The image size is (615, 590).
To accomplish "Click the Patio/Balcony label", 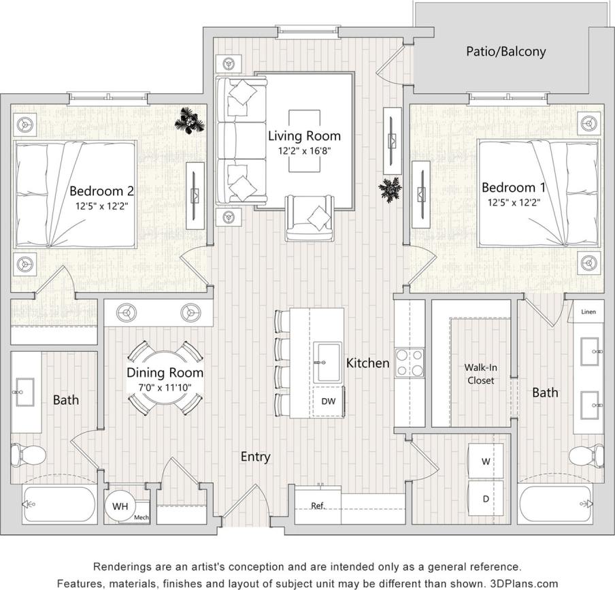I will pos(505,51).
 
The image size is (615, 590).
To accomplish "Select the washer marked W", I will pos(486,461).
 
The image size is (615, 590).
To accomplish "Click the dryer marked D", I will pos(486,499).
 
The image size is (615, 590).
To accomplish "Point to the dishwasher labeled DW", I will pos(328,401).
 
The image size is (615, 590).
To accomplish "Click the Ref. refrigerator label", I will pos(317,506).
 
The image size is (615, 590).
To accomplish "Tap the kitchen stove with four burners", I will pos(410,362).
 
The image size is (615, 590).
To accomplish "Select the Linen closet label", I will pos(588,312).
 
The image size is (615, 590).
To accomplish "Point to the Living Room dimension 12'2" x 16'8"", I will pos(303,151).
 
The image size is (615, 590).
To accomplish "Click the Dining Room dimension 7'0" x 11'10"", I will pos(165,387).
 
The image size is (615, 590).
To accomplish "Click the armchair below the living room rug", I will pos(310,218).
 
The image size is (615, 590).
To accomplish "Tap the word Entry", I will pos(255,457).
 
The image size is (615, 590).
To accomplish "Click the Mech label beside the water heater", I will pos(141,517).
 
